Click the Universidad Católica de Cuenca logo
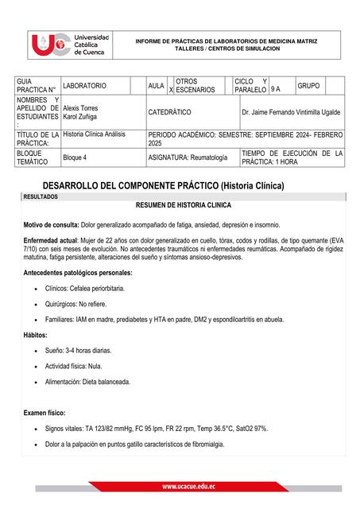(69, 45)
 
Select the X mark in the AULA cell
(171, 91)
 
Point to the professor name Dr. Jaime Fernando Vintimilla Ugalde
(291, 113)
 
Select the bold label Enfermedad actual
(51, 240)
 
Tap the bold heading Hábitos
(36, 335)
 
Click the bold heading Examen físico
(45, 413)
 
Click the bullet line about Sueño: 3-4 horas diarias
(79, 350)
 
